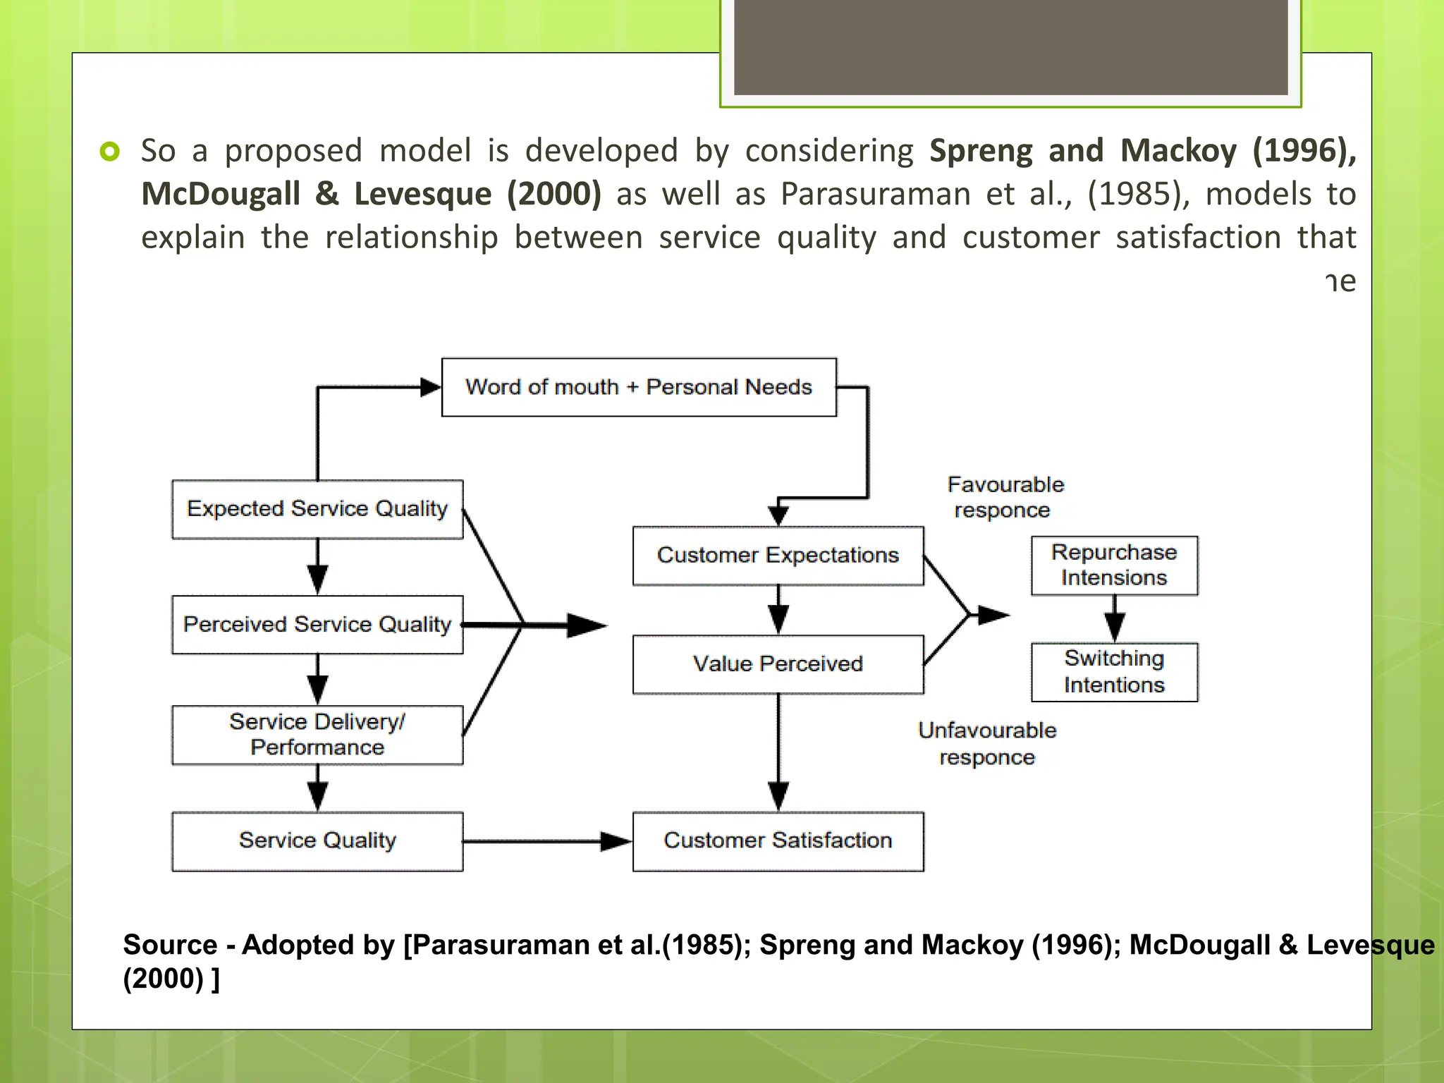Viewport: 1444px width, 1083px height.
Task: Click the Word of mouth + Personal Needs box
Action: (639, 387)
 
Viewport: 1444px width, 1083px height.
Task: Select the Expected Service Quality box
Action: (317, 509)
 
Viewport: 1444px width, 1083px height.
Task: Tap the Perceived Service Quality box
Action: (317, 625)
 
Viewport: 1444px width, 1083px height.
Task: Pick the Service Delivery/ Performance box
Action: (317, 735)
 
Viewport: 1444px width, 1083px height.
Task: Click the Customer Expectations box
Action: (778, 556)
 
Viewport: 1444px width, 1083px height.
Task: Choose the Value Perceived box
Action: (778, 664)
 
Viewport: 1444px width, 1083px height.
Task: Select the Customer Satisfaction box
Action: (778, 841)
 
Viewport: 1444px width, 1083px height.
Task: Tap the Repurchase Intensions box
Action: (1114, 565)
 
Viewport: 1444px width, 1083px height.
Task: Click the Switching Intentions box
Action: (1114, 672)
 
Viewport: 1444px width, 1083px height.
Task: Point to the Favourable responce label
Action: (1005, 497)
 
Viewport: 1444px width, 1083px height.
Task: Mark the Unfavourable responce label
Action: (987, 744)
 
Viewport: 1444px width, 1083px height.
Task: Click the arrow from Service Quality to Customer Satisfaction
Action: (546, 841)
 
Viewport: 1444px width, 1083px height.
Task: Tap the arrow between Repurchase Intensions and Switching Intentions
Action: (1114, 618)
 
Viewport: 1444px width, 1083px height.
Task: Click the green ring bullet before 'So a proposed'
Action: (110, 151)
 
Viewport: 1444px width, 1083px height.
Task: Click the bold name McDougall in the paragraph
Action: (221, 195)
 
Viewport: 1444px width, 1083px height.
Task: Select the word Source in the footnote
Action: (170, 945)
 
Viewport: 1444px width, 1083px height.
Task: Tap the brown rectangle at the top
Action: (1010, 47)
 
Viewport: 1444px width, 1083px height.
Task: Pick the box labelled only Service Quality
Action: (317, 841)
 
